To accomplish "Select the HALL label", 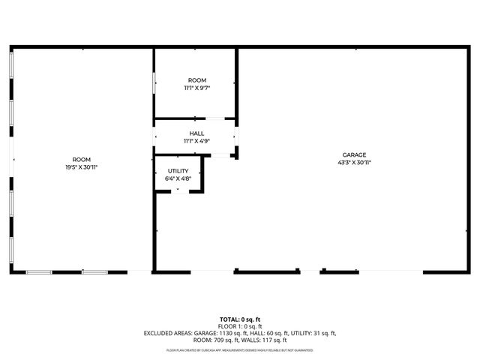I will tap(196, 133).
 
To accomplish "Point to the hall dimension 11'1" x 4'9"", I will tap(196, 141).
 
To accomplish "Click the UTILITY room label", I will tap(178, 171).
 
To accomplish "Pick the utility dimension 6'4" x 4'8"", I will tap(178, 178).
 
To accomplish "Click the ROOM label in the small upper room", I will tap(196, 80).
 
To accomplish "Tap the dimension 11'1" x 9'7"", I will tap(196, 88).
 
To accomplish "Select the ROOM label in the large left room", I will tap(81, 159).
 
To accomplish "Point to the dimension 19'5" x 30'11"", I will tap(81, 166).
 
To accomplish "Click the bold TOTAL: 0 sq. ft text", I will tap(240, 319).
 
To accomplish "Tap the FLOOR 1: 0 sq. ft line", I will tap(240, 326).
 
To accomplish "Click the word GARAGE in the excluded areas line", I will tap(205, 333).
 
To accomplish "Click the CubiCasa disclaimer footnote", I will tap(240, 350).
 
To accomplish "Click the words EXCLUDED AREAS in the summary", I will tap(166, 333).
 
